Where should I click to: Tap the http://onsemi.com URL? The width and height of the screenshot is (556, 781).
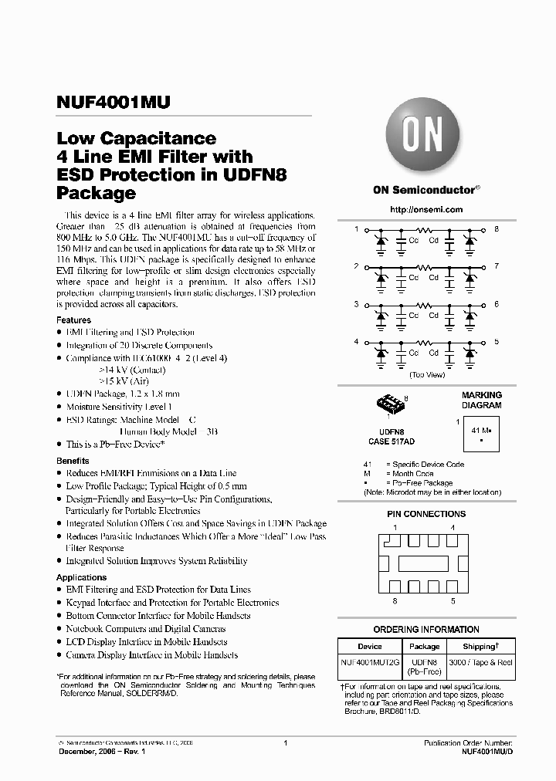(426, 209)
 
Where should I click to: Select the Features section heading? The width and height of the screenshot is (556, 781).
(73, 319)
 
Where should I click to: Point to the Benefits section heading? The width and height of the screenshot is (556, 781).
(73, 461)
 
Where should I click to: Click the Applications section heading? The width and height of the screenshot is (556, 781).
(81, 577)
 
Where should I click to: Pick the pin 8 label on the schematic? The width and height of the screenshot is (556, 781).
(497, 230)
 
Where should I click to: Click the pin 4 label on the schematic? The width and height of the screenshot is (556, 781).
(356, 341)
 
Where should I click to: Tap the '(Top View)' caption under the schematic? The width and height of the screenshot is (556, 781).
(427, 374)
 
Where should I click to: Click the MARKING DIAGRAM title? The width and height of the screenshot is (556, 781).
(481, 400)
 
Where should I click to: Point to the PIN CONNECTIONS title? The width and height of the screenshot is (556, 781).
(426, 514)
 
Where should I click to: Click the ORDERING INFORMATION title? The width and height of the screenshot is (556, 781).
(426, 629)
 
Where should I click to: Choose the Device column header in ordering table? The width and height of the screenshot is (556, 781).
(370, 646)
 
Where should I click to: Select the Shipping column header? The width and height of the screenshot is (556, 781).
(480, 646)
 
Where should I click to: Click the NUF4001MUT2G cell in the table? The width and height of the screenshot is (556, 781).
(370, 662)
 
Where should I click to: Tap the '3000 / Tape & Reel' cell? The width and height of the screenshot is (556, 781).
(480, 662)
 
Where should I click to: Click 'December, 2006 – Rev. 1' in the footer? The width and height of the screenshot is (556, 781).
(101, 750)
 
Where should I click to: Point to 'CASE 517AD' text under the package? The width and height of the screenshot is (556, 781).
(391, 442)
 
